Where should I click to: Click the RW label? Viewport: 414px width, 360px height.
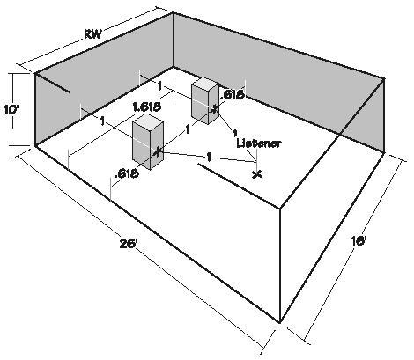(x=93, y=34)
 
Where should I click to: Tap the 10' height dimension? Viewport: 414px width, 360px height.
(x=12, y=109)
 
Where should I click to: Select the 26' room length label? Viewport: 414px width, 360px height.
(x=129, y=243)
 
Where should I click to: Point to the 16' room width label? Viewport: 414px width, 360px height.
(x=359, y=240)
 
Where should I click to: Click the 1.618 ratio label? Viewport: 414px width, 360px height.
(x=146, y=107)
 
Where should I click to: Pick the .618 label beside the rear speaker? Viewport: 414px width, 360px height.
(x=232, y=94)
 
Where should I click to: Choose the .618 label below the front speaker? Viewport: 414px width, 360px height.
(x=126, y=173)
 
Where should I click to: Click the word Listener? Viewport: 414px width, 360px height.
(x=259, y=143)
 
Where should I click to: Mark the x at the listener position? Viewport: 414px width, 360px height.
(x=257, y=174)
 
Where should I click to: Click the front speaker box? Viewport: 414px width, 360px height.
(x=148, y=144)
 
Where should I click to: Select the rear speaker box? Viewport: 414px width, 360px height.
(x=205, y=100)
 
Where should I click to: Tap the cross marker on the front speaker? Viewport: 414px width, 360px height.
(x=159, y=151)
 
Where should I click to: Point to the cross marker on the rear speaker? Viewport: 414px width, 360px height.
(x=215, y=108)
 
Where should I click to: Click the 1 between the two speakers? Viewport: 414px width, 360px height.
(x=188, y=129)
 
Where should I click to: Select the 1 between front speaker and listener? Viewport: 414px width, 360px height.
(x=209, y=158)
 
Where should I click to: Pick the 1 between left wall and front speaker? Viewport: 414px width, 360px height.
(x=102, y=121)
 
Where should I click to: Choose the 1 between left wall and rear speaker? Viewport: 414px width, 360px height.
(x=159, y=86)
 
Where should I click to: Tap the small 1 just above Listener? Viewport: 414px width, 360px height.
(x=234, y=134)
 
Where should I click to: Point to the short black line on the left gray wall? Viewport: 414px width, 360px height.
(x=53, y=83)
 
